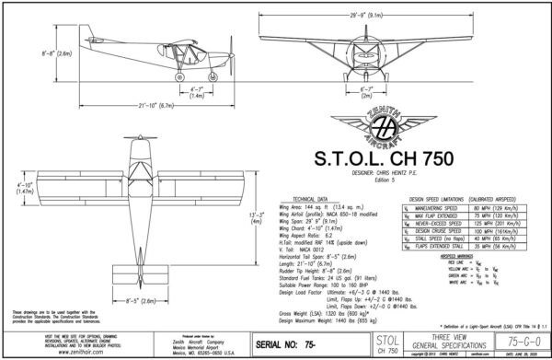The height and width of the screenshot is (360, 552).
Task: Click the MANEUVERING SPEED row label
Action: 430,208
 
